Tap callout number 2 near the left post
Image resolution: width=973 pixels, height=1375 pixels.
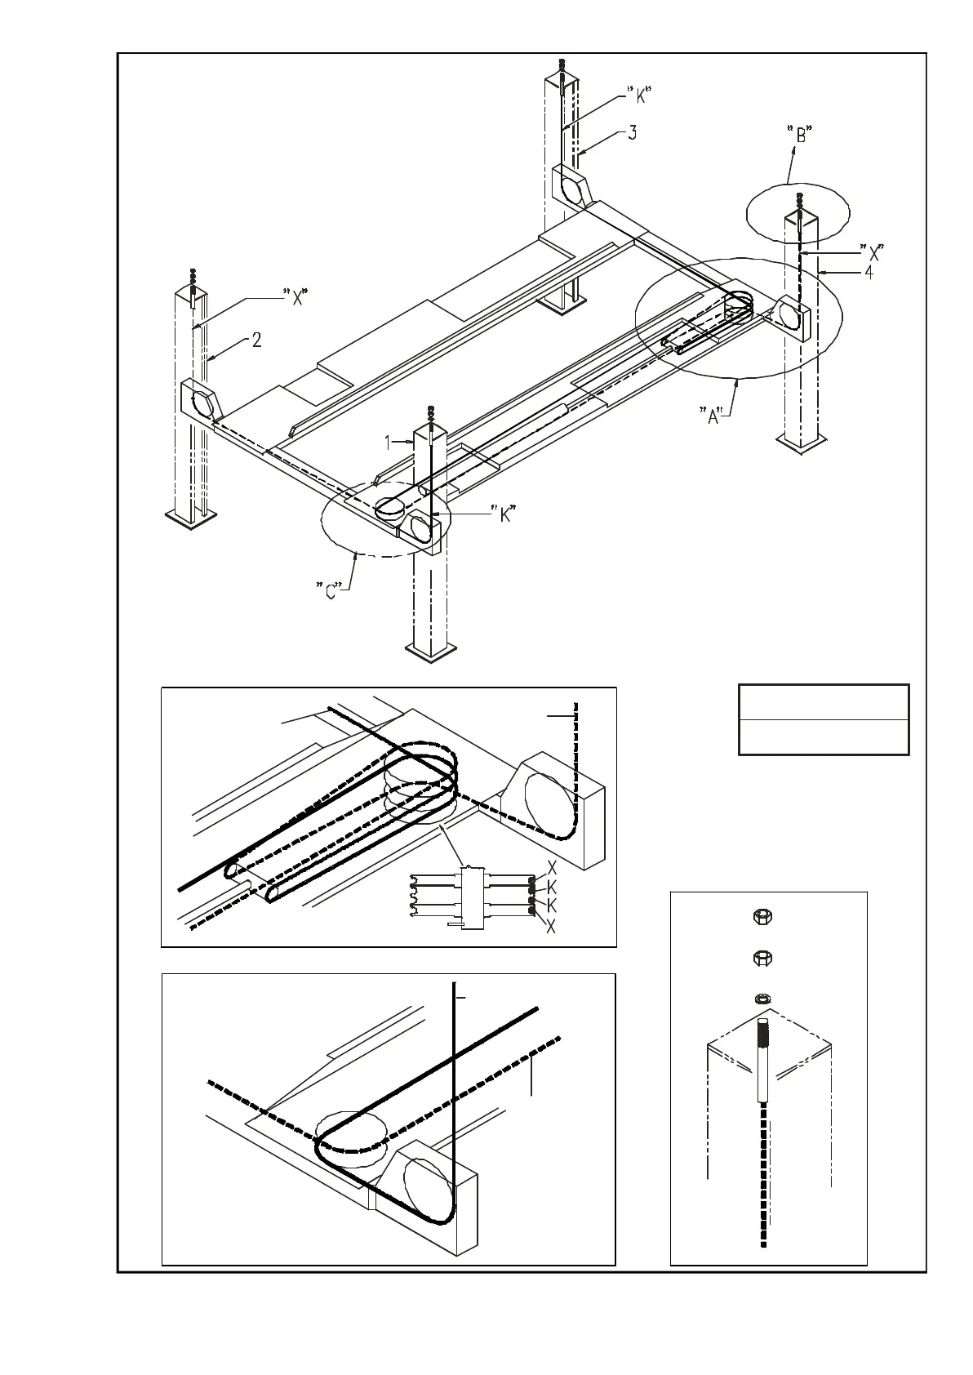(x=256, y=340)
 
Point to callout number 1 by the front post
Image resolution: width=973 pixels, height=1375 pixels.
(x=389, y=442)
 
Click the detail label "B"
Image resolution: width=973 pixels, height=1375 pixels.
(x=801, y=135)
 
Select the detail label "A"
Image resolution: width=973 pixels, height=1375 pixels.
(x=713, y=416)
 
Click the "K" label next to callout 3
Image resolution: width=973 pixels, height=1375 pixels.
(x=641, y=96)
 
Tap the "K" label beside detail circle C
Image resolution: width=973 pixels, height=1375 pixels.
(x=506, y=514)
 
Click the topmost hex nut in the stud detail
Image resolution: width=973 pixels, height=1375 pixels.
(x=762, y=916)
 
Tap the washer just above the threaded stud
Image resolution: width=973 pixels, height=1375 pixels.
(x=762, y=998)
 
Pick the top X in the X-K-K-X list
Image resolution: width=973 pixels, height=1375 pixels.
(x=552, y=867)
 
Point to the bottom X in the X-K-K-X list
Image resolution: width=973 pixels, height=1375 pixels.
(x=552, y=927)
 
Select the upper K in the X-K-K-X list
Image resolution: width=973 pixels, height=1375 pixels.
(x=552, y=887)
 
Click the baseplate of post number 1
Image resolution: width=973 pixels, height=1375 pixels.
(x=430, y=651)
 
